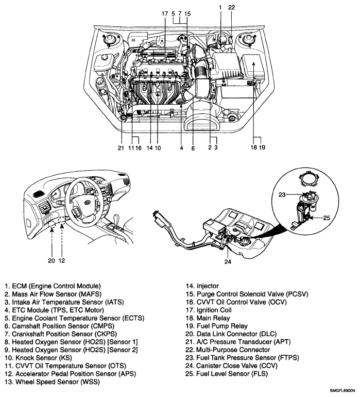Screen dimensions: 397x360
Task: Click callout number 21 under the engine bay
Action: [x=120, y=148]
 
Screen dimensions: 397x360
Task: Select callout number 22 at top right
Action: [x=231, y=8]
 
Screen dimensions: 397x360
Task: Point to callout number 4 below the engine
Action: [x=181, y=148]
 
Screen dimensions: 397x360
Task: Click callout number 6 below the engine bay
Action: [x=194, y=148]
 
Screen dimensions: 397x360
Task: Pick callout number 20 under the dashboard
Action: [x=52, y=260]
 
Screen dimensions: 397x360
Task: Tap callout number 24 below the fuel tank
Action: [x=228, y=261]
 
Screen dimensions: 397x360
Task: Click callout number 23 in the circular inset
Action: [x=282, y=195]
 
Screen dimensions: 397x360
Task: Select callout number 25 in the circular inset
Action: [x=327, y=218]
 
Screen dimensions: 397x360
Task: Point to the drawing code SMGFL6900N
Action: [x=339, y=392]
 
